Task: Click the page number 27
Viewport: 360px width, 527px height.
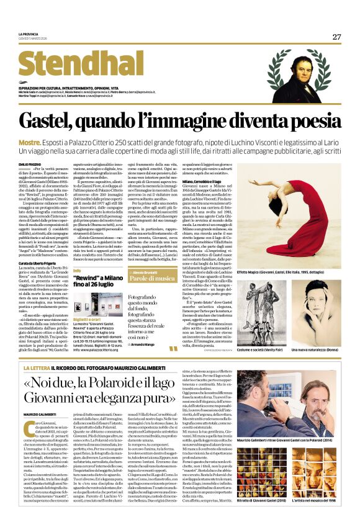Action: (336, 37)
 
